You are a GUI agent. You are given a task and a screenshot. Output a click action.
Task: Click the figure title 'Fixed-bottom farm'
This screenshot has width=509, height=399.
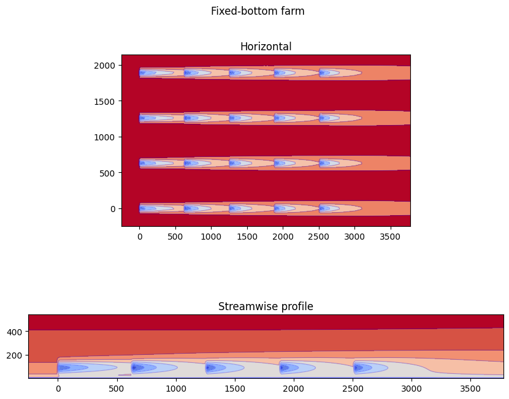click(x=258, y=11)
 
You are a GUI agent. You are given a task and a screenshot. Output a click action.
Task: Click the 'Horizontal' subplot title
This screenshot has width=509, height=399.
click(x=266, y=47)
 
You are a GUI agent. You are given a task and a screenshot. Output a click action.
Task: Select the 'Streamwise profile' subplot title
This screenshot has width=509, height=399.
click(x=266, y=306)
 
